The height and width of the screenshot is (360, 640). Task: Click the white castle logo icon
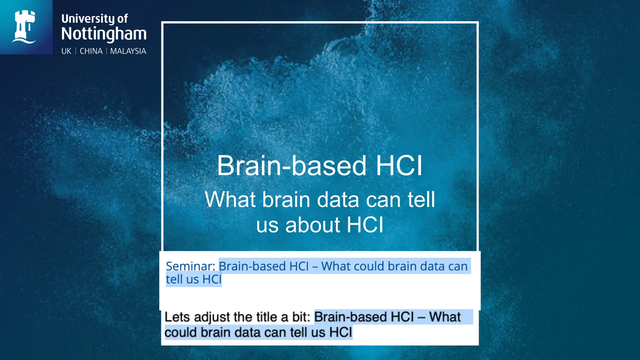[x=25, y=27]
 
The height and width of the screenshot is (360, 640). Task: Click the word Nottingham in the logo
[x=104, y=34]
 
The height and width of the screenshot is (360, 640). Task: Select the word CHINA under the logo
[x=91, y=51]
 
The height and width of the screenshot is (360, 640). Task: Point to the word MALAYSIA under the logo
[x=128, y=51]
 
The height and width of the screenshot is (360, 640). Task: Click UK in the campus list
[x=66, y=51]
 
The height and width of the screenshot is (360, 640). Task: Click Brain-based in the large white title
[x=291, y=166]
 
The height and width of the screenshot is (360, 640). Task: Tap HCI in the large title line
[x=399, y=166]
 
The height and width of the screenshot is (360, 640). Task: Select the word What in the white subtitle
[x=231, y=200]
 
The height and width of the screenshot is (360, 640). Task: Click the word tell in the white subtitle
[x=421, y=200]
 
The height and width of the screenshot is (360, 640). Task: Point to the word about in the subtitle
[x=312, y=225]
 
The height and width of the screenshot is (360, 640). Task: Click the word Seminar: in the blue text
[x=190, y=266]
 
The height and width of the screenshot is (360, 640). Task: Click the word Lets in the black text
[x=177, y=317]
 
